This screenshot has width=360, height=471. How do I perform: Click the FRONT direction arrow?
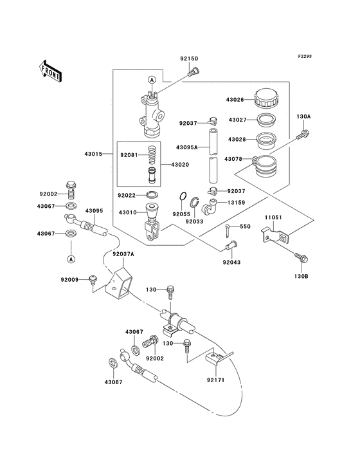pyautogui.click(x=50, y=71)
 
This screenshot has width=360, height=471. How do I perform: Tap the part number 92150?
pyautogui.click(x=189, y=59)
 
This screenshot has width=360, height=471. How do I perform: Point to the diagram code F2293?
pyautogui.click(x=305, y=56)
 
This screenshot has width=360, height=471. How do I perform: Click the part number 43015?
pyautogui.click(x=93, y=154)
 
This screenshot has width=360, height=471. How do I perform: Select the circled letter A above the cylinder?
pyautogui.click(x=152, y=80)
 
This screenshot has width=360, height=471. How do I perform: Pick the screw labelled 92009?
pyautogui.click(x=92, y=279)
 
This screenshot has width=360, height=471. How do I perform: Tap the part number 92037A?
pyautogui.click(x=123, y=254)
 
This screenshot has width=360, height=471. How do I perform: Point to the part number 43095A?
pyautogui.click(x=186, y=147)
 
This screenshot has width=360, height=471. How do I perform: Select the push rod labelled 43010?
pyautogui.click(x=152, y=222)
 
